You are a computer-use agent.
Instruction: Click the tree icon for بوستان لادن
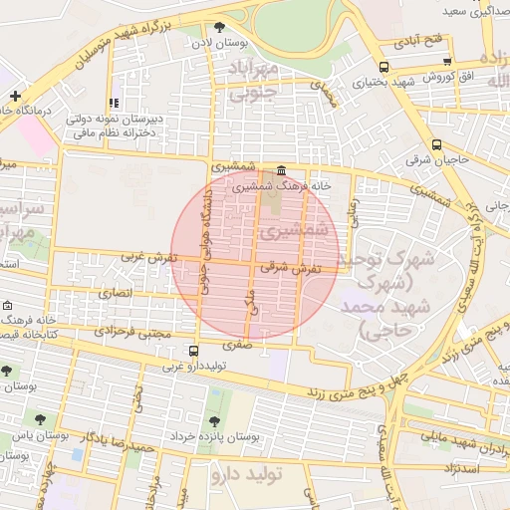219,27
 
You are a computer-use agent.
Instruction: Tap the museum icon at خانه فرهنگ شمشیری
282,170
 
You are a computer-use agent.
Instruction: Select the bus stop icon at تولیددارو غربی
192,351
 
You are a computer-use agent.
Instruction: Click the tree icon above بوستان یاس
40,419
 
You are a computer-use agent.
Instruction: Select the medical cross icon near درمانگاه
15,96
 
